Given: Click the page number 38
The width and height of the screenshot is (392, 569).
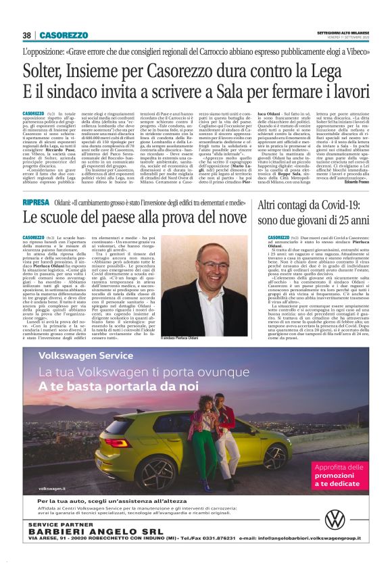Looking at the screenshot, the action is coord(27,35).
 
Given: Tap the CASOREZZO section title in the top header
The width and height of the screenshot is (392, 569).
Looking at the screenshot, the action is coord(64,35).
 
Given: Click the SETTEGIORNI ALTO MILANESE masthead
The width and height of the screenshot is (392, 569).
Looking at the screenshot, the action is coord(343,32).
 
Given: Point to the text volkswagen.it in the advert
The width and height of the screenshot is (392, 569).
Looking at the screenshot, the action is coord(54,487).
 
